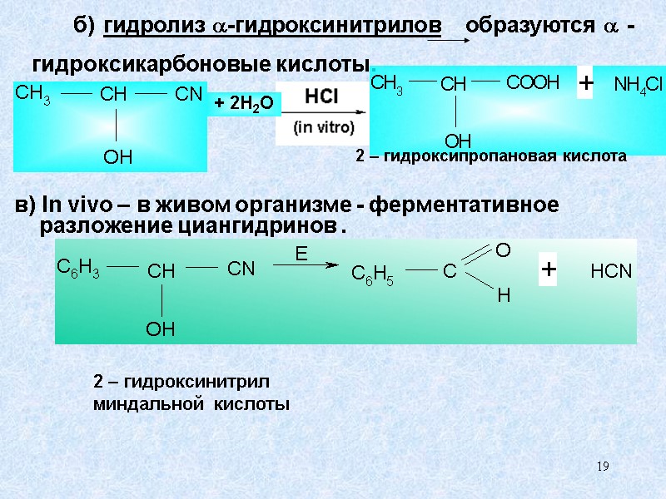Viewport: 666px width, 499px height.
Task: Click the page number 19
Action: click(x=603, y=467)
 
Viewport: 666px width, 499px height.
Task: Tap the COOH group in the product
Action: click(x=533, y=82)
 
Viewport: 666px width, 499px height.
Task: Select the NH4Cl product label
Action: click(x=637, y=85)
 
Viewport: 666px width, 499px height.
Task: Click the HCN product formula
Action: click(x=612, y=272)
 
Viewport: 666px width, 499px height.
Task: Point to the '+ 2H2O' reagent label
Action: click(x=243, y=102)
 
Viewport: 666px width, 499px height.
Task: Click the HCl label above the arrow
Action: click(x=321, y=96)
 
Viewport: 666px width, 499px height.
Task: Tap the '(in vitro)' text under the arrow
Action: click(x=324, y=128)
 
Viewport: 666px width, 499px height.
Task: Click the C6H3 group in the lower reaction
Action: click(x=77, y=268)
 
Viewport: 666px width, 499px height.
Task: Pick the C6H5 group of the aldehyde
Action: click(x=372, y=274)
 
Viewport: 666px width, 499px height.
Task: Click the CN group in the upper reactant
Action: click(x=188, y=94)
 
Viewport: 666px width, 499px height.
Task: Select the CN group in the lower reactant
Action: click(x=241, y=269)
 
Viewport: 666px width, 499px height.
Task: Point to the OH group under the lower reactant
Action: click(x=160, y=330)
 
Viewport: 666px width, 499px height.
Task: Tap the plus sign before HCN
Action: click(x=549, y=270)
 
